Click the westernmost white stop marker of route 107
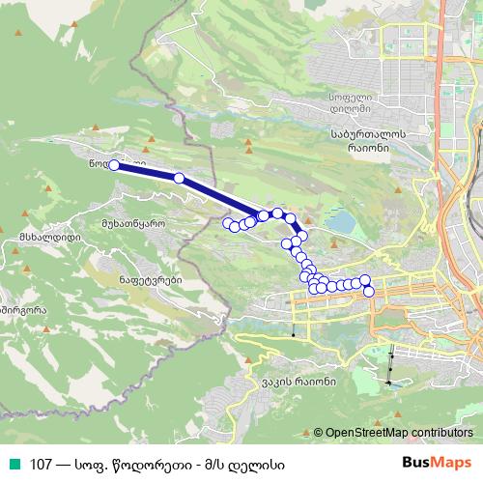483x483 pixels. click(x=114, y=165)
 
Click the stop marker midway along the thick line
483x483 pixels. click(x=179, y=178)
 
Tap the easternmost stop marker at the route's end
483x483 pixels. click(x=368, y=291)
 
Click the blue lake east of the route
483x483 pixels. click(x=342, y=223)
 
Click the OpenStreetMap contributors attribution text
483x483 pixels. click(x=400, y=433)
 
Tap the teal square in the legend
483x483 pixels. click(x=13, y=464)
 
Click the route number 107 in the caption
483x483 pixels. click(x=41, y=464)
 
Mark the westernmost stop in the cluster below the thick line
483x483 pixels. click(x=228, y=224)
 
